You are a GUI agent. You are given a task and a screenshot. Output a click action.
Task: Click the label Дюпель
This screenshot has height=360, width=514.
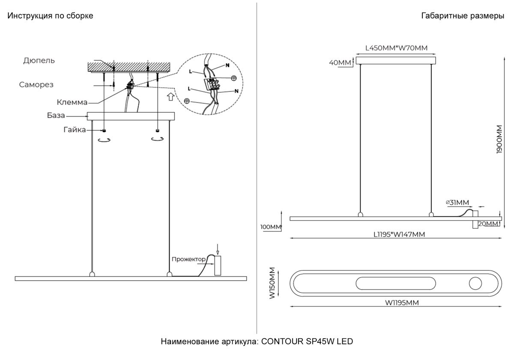tap(39, 60)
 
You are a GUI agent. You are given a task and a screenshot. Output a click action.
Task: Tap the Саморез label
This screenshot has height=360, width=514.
tap(36, 84)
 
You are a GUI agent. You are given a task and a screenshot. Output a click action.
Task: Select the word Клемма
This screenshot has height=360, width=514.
tap(72, 102)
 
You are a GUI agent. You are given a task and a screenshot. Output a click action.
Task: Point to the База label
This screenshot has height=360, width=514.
tap(56, 116)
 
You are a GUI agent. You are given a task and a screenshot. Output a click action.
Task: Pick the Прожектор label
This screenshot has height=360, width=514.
tap(188, 259)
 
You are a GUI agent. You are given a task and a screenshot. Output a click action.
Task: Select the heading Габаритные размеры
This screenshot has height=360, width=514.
tap(463, 16)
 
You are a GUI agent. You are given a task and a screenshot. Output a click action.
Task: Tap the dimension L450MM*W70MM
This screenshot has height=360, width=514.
tap(396, 48)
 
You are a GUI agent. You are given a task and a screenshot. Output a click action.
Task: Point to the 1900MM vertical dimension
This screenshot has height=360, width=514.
tap(499, 139)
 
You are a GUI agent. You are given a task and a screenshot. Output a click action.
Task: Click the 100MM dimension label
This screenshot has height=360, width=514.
tap(271, 226)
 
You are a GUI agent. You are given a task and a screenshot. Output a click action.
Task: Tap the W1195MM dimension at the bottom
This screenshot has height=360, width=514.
tap(401, 303)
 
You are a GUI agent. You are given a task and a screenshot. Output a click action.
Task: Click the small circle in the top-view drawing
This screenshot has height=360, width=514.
tap(475, 283)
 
